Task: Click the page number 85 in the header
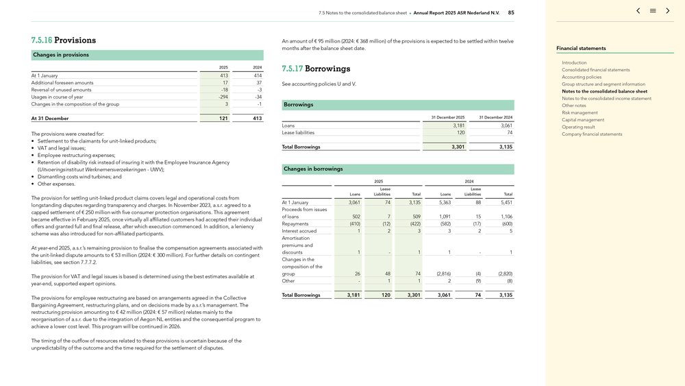(511, 12)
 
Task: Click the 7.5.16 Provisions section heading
(64, 40)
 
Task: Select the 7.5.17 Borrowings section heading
(316, 69)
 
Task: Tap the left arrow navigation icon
(638, 11)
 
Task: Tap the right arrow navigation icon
(668, 11)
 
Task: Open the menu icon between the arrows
(653, 11)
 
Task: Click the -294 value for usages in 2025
(223, 97)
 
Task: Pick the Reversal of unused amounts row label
(61, 90)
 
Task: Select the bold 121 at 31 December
(223, 119)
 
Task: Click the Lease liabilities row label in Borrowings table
(298, 132)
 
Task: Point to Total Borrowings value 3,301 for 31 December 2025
(458, 147)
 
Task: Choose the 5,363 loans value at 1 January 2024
(445, 202)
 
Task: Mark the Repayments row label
(295, 224)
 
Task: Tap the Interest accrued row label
(299, 231)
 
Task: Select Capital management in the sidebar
(583, 120)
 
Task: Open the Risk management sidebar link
(580, 112)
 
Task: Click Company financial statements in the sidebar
(592, 134)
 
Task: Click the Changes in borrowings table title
(313, 169)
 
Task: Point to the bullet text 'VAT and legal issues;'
(62, 148)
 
